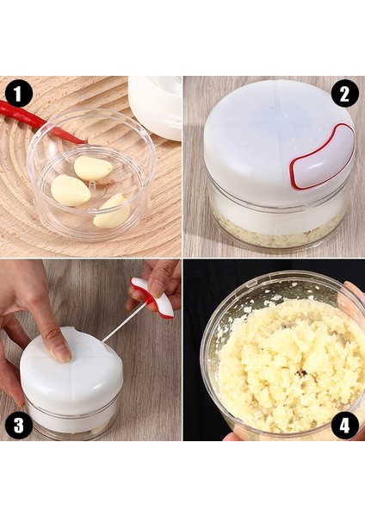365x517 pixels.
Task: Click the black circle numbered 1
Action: click(18, 94)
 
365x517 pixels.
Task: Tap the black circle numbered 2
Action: click(344, 94)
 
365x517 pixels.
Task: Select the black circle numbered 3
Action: click(18, 426)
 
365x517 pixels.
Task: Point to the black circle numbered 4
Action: click(344, 426)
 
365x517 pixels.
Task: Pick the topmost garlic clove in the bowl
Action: click(93, 167)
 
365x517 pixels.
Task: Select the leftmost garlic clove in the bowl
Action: click(71, 190)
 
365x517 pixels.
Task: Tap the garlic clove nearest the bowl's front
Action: click(111, 213)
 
